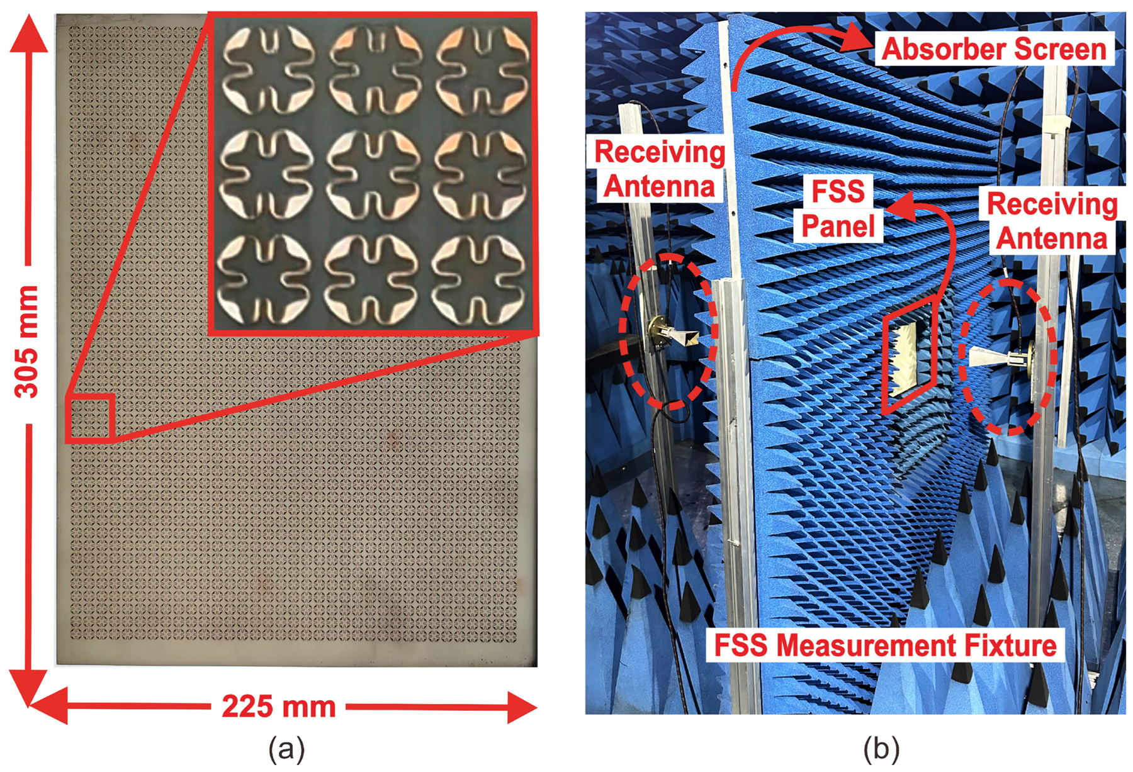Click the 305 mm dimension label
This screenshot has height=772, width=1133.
pyautogui.click(x=26, y=341)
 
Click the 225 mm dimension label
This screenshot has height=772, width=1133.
pyautogui.click(x=278, y=707)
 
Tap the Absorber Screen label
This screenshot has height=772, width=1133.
pyautogui.click(x=993, y=49)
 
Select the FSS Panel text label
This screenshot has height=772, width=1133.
pyautogui.click(x=838, y=208)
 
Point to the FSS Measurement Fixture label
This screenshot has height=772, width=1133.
pyautogui.click(x=885, y=646)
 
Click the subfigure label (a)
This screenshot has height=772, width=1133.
pyautogui.click(x=286, y=749)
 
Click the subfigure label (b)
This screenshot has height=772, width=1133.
pyautogui.click(x=881, y=749)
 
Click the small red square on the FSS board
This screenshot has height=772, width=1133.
pyautogui.click(x=90, y=417)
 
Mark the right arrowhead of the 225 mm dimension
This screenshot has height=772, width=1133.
pyautogui.click(x=522, y=707)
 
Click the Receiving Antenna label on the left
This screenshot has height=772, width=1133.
pyautogui.click(x=659, y=169)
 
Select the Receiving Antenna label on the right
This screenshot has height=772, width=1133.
pyautogui.click(x=1051, y=221)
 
